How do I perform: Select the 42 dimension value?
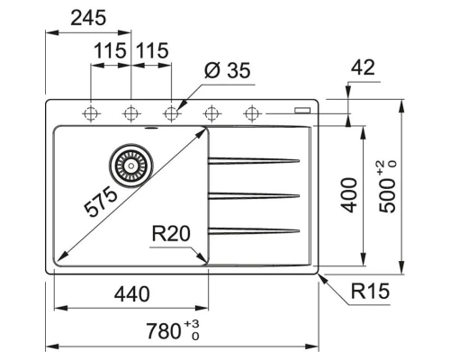pyautogui.click(x=363, y=67)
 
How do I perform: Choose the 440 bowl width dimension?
pyautogui.click(x=131, y=293)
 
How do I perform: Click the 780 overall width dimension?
pyautogui.click(x=165, y=330)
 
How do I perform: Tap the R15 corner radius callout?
pyautogui.click(x=367, y=292)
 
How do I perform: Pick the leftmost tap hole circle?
pyautogui.click(x=91, y=113)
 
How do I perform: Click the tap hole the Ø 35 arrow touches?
pyautogui.click(x=171, y=113)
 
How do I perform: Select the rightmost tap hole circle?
pyautogui.click(x=251, y=113)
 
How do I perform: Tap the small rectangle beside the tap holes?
pyautogui.click(x=300, y=112)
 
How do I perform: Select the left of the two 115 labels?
pyautogui.click(x=109, y=51)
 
